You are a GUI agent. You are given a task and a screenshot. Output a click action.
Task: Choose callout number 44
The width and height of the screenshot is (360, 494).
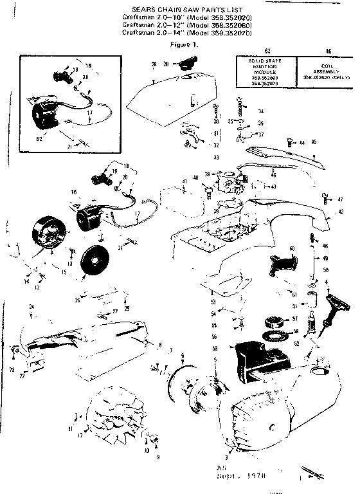302,142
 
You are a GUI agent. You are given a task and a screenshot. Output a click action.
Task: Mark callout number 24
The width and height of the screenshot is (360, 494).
30,308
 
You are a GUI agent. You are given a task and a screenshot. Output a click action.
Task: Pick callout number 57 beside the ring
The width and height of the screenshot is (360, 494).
295,319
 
